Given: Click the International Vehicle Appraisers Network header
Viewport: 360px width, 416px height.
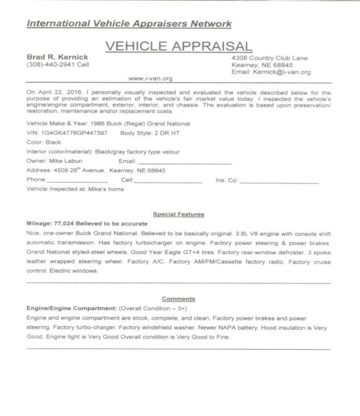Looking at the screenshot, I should pyautogui.click(x=128, y=25).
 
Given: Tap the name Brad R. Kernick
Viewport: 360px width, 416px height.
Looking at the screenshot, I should pyautogui.click(x=51, y=57).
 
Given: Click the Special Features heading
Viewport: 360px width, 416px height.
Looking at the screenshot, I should pyautogui.click(x=178, y=213).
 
